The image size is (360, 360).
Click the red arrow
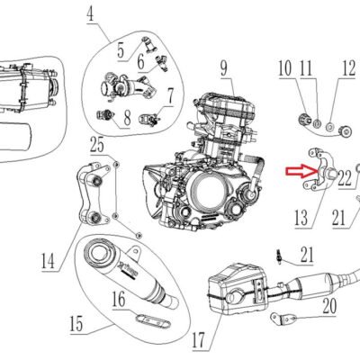pos(301,171)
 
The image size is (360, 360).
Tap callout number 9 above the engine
pos(224,68)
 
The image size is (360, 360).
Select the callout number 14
pos(48,261)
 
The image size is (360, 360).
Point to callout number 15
pos(76,324)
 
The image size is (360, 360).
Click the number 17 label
pos(198,340)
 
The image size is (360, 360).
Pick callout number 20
pos(329,307)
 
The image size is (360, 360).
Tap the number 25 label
pos(97,145)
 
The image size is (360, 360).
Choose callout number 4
pos(90,14)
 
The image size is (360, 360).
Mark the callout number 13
pos(301,218)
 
